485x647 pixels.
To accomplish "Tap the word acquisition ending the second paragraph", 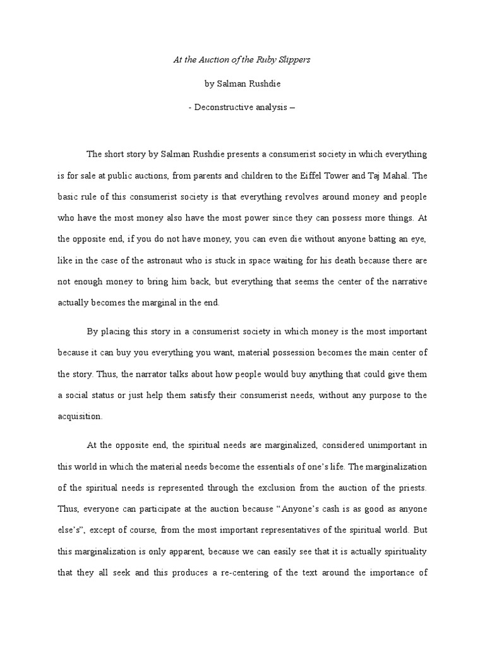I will pyautogui.click(x=79, y=417).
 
